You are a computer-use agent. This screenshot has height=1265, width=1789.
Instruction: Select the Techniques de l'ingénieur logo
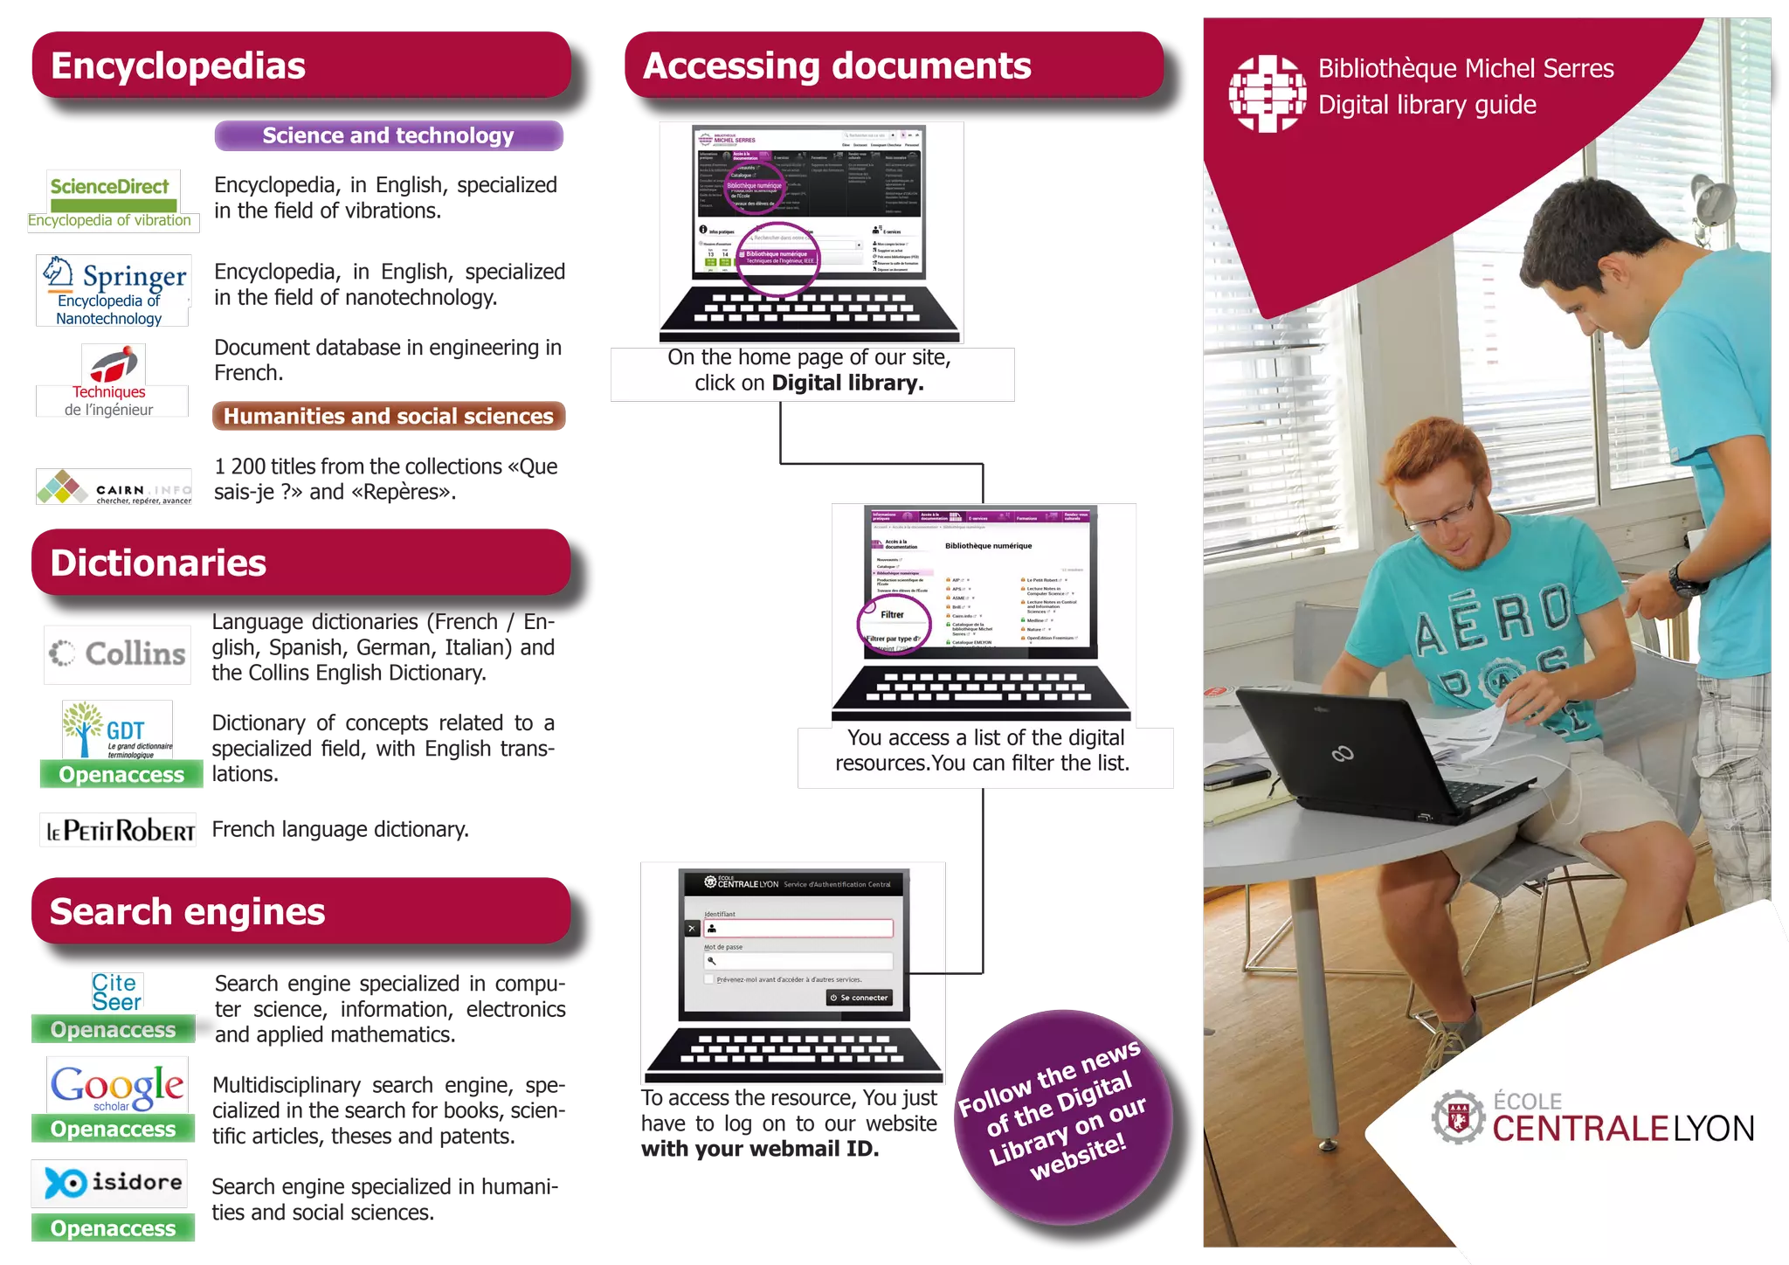[112, 380]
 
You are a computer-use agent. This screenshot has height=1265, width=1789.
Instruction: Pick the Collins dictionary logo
[118, 653]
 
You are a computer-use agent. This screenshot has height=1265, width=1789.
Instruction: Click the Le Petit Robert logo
[118, 830]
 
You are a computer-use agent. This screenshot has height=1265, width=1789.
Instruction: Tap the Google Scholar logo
[116, 1086]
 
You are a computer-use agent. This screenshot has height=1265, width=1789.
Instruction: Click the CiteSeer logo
[116, 992]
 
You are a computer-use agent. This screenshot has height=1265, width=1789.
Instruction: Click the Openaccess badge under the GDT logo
[122, 774]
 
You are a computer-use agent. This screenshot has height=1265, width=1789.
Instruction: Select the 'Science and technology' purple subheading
[388, 136]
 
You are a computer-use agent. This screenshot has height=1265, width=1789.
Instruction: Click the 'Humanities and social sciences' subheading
[388, 416]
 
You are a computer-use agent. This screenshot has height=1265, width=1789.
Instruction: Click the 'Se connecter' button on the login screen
[860, 998]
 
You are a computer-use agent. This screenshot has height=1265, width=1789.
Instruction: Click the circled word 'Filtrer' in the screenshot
[892, 614]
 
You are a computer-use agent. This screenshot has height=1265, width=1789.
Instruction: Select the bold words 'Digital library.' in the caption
[847, 383]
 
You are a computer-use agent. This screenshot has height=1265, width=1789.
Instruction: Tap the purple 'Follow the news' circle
[1064, 1116]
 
